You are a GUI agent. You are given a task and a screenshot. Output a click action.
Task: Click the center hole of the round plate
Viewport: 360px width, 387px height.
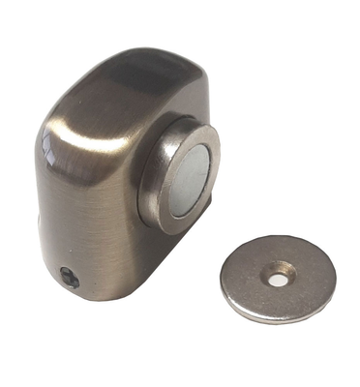(279, 278)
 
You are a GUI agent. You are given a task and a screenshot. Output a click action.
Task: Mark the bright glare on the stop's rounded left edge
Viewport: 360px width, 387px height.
(48, 155)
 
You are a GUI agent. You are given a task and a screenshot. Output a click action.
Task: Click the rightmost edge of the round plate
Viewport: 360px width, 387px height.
(335, 281)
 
